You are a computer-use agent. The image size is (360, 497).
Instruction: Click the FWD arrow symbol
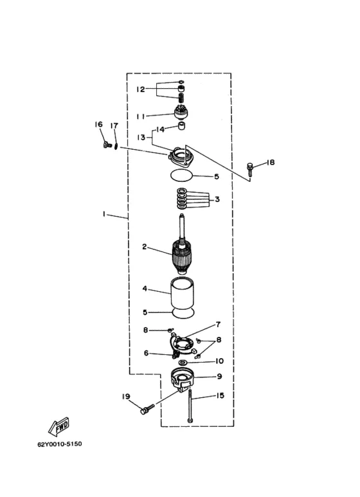(59, 427)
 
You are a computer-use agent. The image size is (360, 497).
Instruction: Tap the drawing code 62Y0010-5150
(60, 444)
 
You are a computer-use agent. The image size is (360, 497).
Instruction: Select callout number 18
(270, 162)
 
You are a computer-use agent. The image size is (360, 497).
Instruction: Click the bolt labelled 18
(250, 170)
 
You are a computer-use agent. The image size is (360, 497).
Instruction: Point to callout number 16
(98, 124)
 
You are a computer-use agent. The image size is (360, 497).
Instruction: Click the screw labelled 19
(147, 408)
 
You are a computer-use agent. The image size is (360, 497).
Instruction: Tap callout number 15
(220, 395)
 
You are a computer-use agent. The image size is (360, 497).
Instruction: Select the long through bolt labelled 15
(190, 406)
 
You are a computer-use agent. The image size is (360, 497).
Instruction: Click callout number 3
(217, 199)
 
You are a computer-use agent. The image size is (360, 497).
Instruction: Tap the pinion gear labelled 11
(181, 113)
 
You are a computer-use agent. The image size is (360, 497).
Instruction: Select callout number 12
(140, 89)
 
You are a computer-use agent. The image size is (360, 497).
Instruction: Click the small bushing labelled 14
(181, 126)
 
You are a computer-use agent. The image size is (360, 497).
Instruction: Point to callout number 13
(141, 137)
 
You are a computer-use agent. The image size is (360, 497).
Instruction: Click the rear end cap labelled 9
(182, 379)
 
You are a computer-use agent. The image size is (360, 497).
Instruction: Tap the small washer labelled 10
(183, 362)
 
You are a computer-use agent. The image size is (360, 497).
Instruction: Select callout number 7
(218, 324)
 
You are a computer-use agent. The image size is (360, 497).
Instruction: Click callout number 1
(104, 214)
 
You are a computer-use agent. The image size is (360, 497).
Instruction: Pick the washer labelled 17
(116, 147)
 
